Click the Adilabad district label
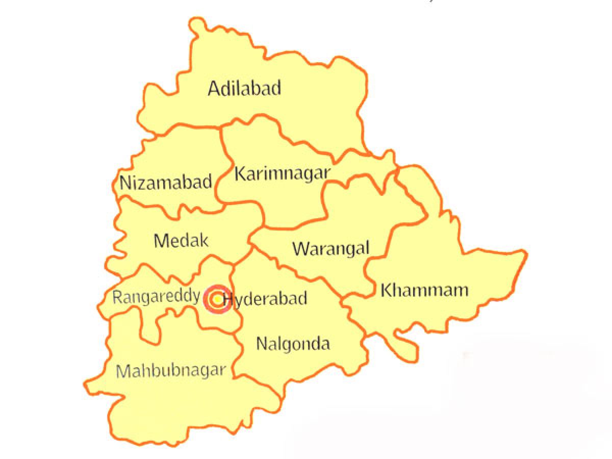click(244, 88)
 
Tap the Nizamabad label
click(166, 182)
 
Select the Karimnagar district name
click(282, 173)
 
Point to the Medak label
click(181, 240)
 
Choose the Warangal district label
click(330, 249)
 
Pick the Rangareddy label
click(156, 297)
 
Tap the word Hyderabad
click(265, 298)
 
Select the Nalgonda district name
click(293, 343)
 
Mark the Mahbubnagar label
click(170, 370)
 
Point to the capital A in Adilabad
click(214, 89)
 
